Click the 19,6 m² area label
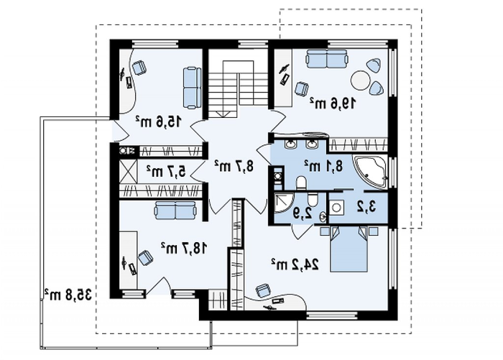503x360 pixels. click(x=333, y=103)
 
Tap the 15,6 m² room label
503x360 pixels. click(x=159, y=121)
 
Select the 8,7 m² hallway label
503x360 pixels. click(x=234, y=165)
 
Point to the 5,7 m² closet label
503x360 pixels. click(x=166, y=171)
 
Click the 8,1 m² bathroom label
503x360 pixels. click(x=323, y=166)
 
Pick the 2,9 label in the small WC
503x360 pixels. click(x=303, y=213)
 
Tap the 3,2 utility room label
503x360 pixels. click(x=366, y=207)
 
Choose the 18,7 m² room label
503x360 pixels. click(x=184, y=248)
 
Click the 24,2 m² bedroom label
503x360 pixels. click(x=295, y=264)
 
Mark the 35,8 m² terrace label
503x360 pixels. click(x=68, y=294)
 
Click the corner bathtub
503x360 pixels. click(x=370, y=172)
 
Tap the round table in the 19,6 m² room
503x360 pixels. click(x=361, y=80)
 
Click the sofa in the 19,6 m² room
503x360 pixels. click(x=326, y=59)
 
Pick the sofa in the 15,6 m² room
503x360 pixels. click(x=192, y=87)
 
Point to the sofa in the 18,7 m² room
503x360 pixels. click(x=175, y=210)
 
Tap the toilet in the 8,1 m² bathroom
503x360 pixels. click(x=301, y=183)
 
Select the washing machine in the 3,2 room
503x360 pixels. click(x=336, y=208)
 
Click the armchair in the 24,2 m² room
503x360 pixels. click(x=264, y=290)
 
